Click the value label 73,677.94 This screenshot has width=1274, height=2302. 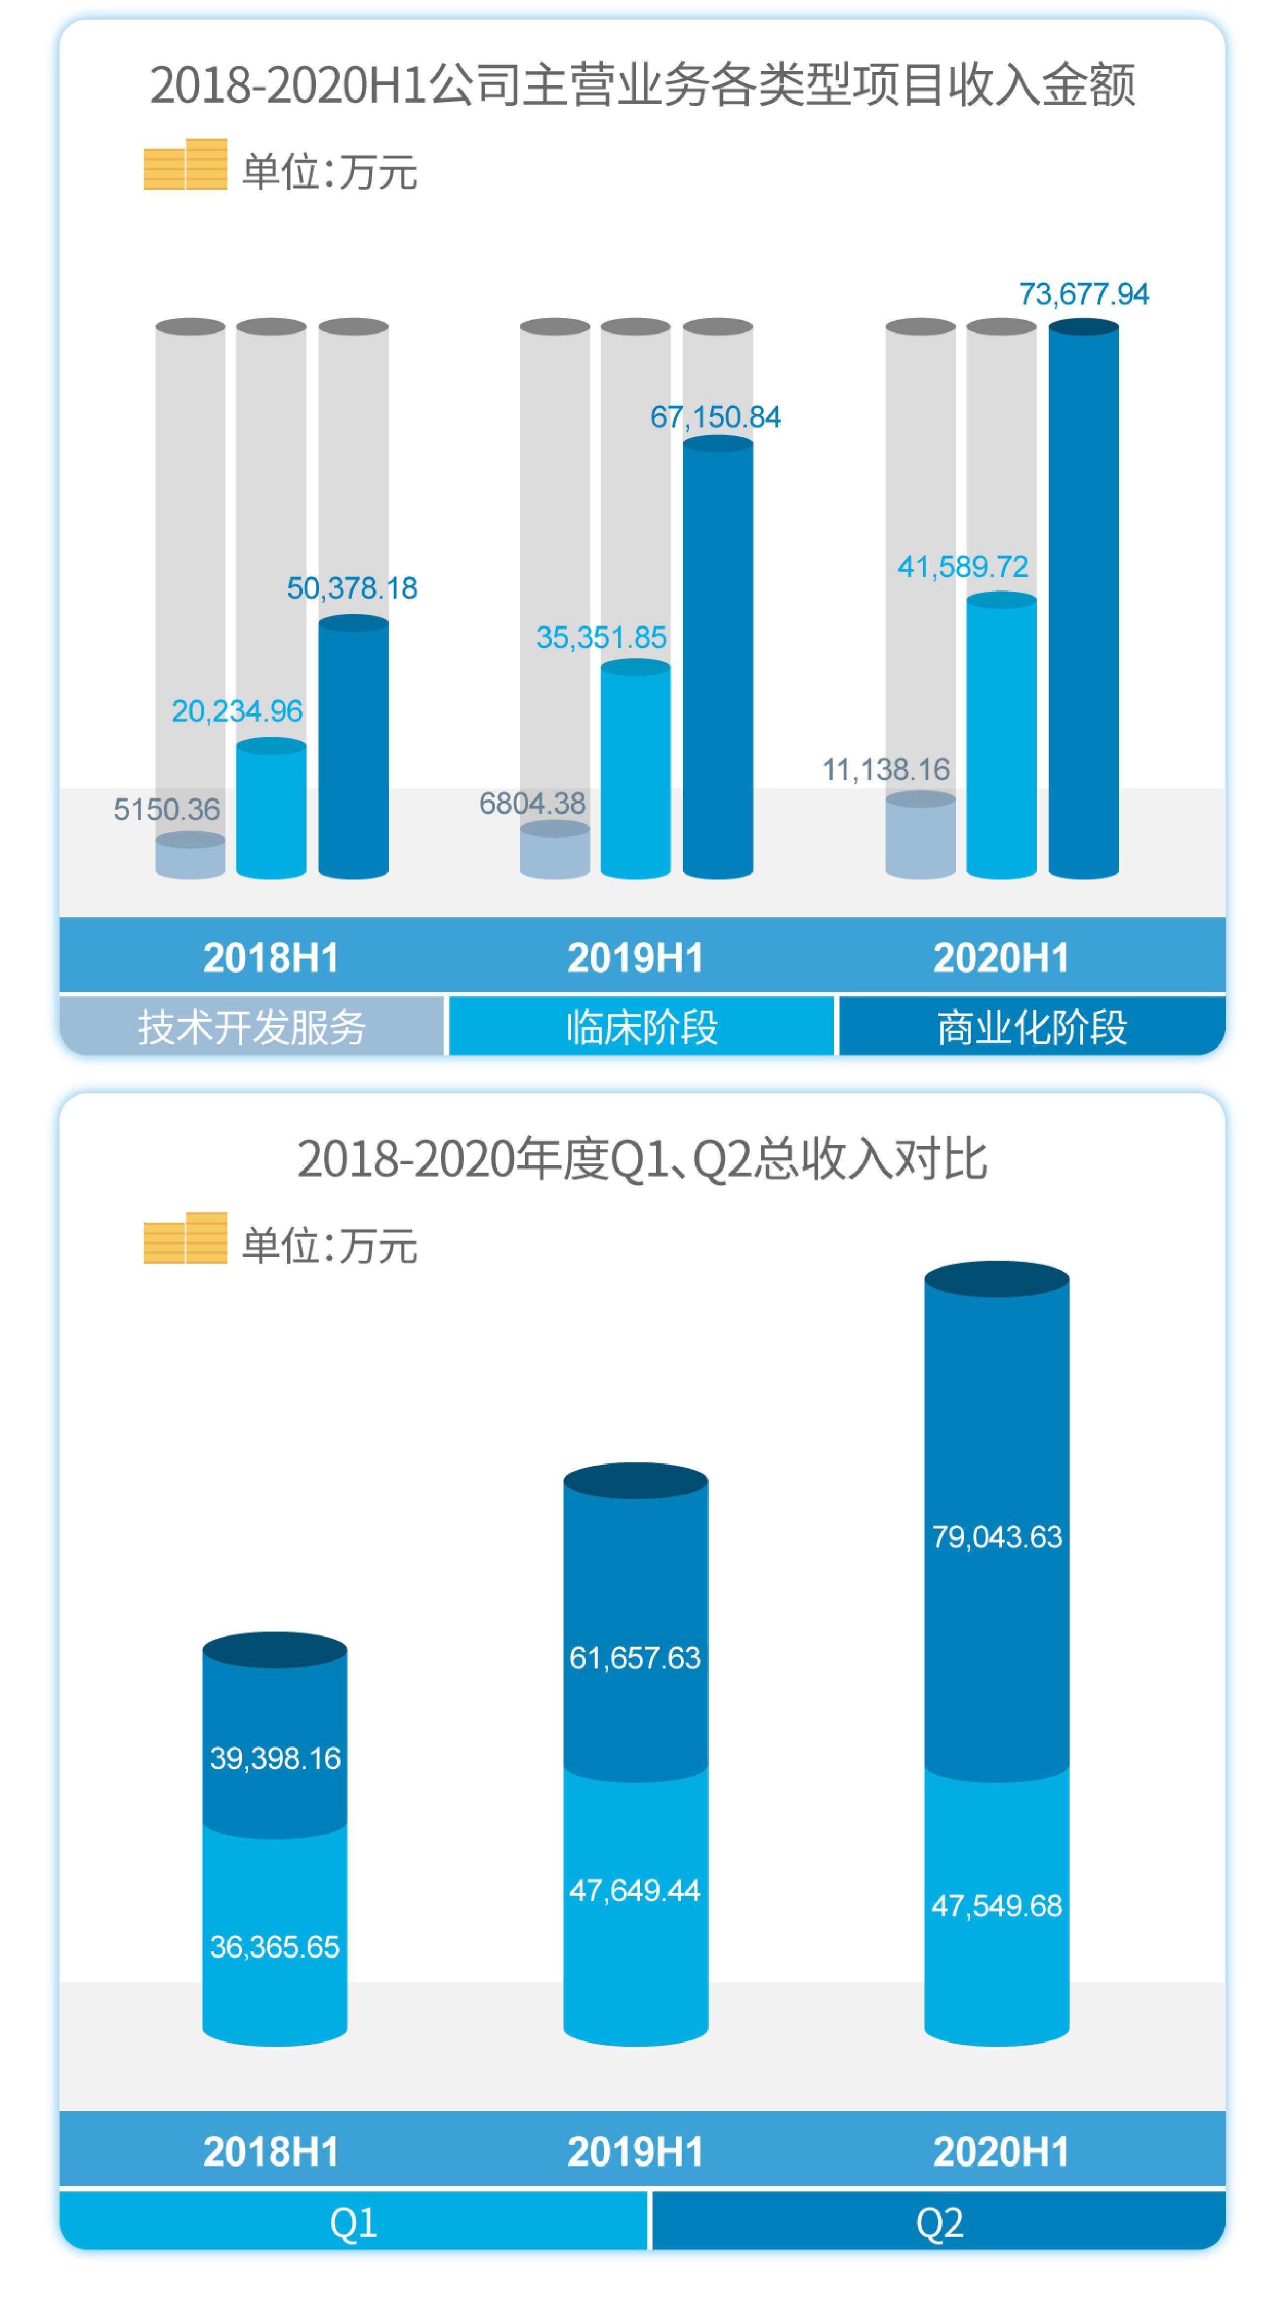click(1083, 294)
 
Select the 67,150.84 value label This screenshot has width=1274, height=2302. click(715, 417)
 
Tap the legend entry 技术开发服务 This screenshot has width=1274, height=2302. click(252, 1027)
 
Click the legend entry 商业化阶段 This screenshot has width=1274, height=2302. click(1032, 1027)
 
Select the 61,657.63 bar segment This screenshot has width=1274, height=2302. click(636, 1658)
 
